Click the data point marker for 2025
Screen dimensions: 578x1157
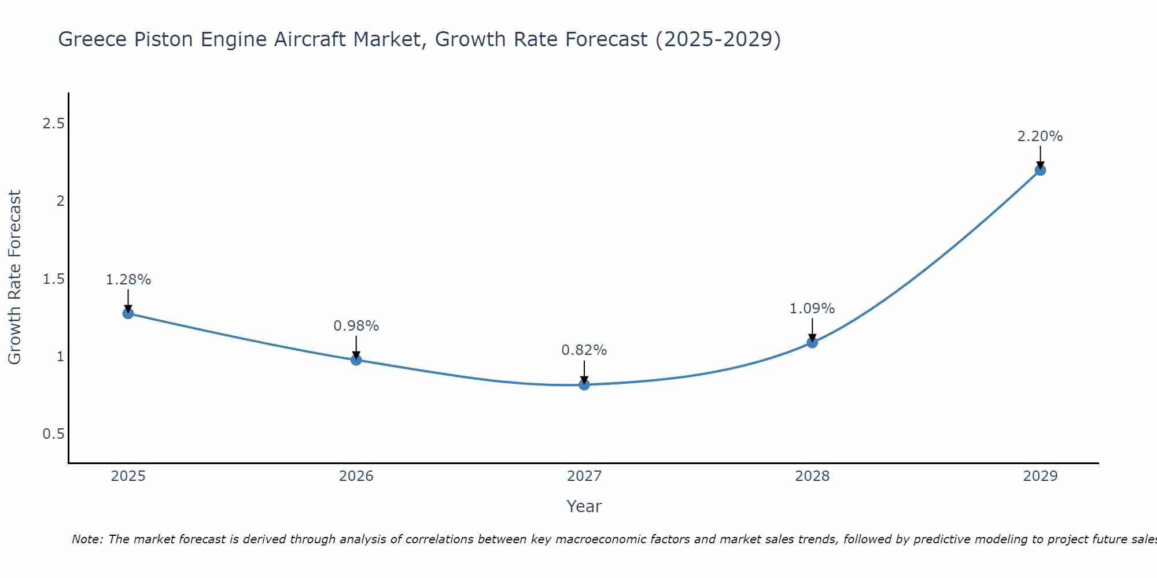128,313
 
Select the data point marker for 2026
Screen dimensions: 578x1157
356,360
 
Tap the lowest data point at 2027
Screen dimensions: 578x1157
584,384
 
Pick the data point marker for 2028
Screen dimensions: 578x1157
812,342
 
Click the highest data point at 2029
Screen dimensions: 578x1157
1040,170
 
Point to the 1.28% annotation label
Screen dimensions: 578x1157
128,280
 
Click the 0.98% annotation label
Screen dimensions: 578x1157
356,326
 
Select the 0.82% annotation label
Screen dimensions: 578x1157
584,350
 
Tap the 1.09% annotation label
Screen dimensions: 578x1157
812,309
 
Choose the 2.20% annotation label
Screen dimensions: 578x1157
1040,136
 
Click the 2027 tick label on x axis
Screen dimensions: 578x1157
584,476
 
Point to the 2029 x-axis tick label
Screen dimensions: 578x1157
1040,476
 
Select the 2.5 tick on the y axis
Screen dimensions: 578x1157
53,124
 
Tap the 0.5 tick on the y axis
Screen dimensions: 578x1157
53,434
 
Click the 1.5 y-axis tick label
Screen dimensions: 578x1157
53,279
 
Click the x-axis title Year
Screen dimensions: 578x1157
584,506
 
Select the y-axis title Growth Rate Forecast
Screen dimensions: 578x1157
15,277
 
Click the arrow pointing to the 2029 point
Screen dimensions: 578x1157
1040,158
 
